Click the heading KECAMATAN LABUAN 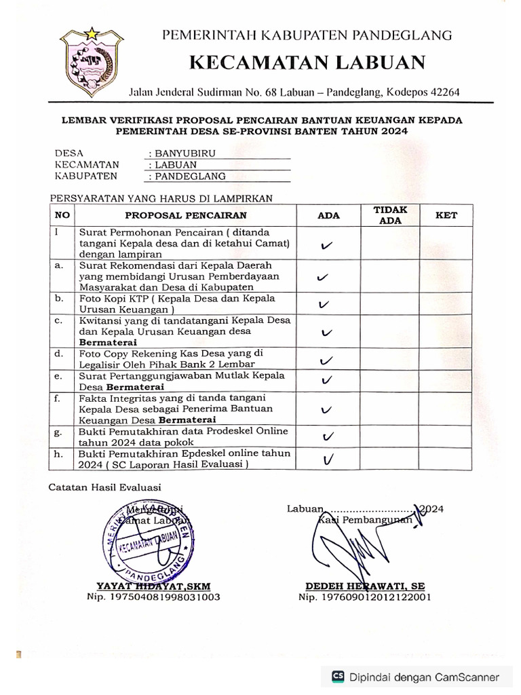[307, 63]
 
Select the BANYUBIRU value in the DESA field [185, 153]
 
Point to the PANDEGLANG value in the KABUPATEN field [190, 176]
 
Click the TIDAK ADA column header [390, 215]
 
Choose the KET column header [446, 215]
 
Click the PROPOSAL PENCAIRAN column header [185, 216]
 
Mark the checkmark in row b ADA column [324, 305]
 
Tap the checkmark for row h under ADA [328, 459]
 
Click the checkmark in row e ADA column [327, 379]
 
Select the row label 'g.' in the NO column [58, 432]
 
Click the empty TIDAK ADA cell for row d [390, 359]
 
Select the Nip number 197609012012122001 [364, 597]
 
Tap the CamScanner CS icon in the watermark [337, 676]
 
